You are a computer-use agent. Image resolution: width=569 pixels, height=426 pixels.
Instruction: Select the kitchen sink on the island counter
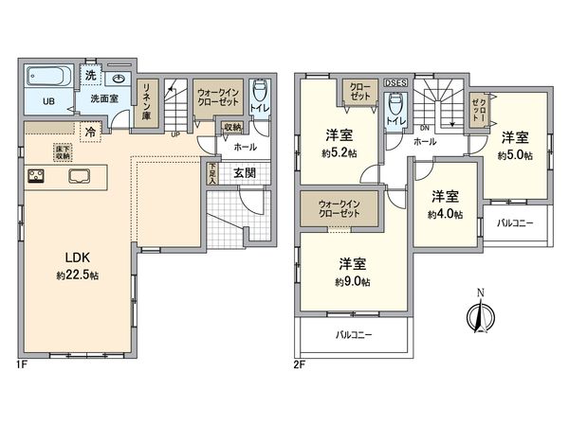click(78, 175)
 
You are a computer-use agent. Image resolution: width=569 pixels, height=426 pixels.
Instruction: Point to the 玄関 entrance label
click(242, 171)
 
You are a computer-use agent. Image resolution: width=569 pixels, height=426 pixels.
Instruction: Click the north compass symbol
click(482, 315)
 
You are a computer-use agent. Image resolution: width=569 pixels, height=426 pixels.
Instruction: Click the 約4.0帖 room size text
click(445, 215)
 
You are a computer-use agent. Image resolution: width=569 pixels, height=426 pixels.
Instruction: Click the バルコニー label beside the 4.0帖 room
click(516, 222)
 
